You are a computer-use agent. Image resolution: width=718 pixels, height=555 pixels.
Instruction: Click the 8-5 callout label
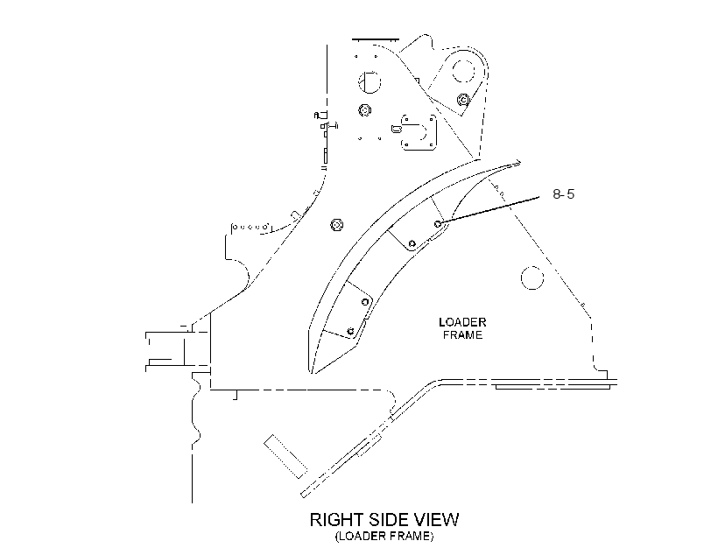click(x=563, y=193)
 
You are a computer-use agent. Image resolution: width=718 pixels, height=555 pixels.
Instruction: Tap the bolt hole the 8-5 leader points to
click(x=438, y=224)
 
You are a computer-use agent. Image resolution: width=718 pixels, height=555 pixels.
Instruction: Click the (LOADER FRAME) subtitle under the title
click(x=384, y=536)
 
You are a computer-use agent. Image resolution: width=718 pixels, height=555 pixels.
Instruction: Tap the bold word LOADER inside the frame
click(x=462, y=322)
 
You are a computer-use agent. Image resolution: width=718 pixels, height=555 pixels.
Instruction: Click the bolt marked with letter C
click(x=463, y=100)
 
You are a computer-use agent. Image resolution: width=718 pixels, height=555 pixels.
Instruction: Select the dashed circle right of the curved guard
click(x=532, y=277)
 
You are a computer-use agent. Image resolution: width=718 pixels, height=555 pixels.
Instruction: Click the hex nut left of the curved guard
click(x=337, y=225)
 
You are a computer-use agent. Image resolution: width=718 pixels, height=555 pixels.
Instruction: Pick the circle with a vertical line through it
click(x=370, y=82)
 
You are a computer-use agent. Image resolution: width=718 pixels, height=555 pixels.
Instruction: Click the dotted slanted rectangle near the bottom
click(x=285, y=457)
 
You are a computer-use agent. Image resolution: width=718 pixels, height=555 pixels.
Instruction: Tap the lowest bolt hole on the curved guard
click(x=351, y=331)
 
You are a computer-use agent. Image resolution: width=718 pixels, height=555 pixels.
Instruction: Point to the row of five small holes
click(x=250, y=227)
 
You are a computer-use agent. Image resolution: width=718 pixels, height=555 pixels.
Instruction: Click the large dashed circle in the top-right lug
click(x=463, y=71)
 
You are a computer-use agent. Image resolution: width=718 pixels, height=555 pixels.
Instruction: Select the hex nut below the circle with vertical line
click(x=365, y=110)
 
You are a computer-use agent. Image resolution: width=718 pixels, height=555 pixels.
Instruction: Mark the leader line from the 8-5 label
click(x=489, y=211)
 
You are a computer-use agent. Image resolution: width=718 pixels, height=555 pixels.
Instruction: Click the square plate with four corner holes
click(x=419, y=132)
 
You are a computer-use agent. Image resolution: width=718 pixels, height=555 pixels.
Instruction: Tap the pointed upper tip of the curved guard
click(x=520, y=161)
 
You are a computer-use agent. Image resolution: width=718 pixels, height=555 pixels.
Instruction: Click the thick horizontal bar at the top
click(x=376, y=40)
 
